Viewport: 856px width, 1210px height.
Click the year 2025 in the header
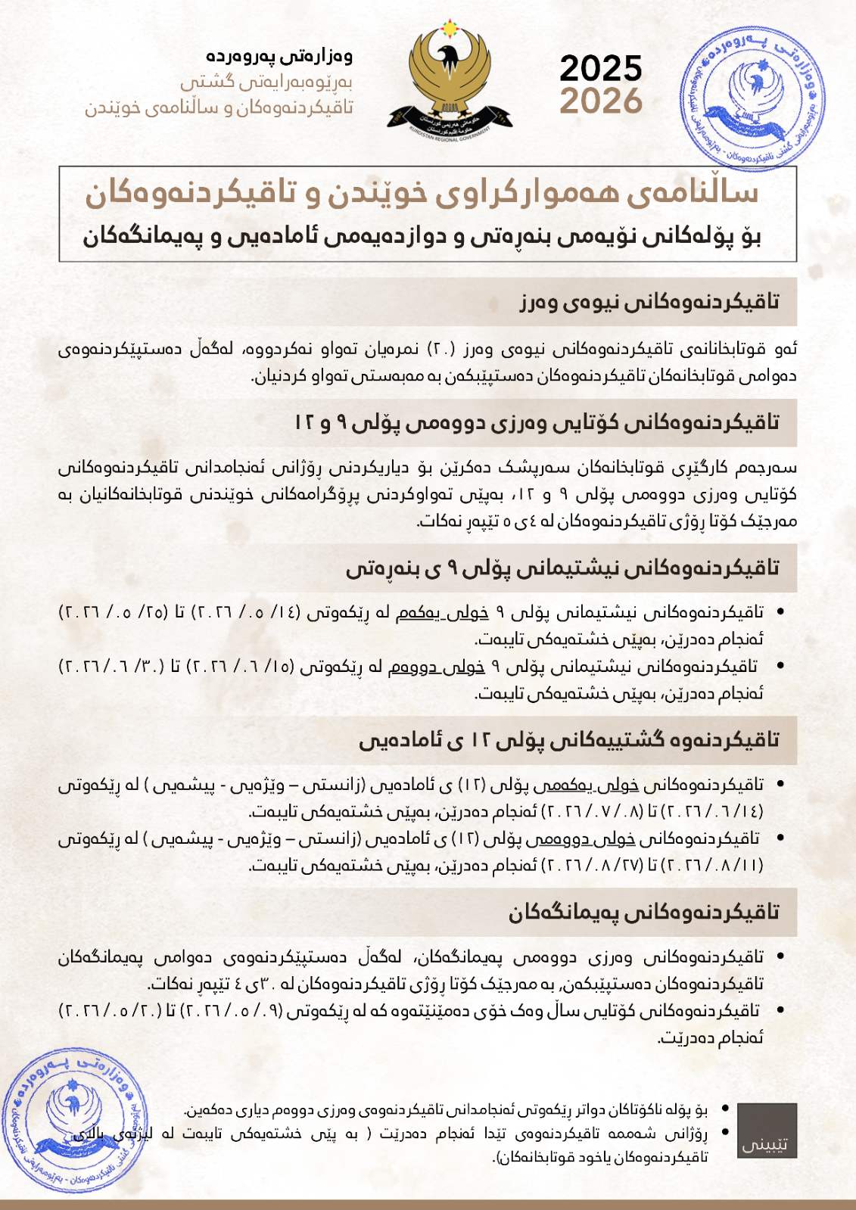pos(601,69)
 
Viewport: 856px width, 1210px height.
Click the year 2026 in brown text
pos(601,101)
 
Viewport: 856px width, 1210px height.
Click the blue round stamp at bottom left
pos(76,1120)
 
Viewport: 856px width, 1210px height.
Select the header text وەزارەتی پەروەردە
pos(279,57)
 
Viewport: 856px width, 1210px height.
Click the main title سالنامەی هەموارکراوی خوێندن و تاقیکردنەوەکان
pos(421,194)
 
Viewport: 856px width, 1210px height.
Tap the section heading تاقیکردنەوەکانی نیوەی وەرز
pos(649,302)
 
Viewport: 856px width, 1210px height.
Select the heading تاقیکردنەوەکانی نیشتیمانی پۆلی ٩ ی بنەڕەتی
pos(562,568)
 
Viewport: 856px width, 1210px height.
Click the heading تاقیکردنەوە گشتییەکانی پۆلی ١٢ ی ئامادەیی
pos(568,739)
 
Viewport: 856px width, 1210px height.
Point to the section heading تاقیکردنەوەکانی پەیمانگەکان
pos(643,912)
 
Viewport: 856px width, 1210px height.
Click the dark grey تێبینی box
pos(767,1131)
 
